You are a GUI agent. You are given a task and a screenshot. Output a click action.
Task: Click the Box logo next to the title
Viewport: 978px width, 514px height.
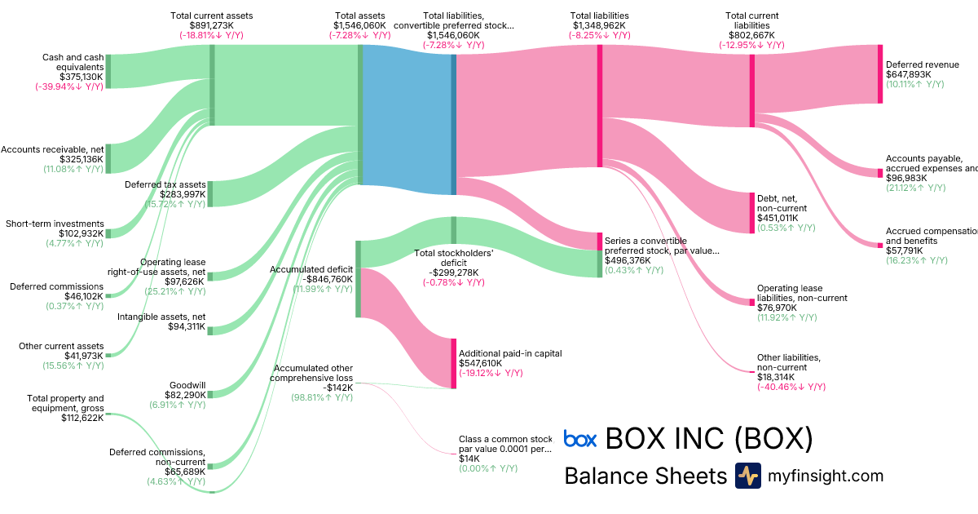(580, 440)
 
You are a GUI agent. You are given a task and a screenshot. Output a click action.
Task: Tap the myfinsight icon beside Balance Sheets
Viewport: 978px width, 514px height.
(747, 476)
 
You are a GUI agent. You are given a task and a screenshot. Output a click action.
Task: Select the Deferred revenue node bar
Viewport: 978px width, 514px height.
(879, 74)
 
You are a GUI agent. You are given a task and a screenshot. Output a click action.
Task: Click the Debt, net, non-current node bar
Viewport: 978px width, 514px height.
(751, 213)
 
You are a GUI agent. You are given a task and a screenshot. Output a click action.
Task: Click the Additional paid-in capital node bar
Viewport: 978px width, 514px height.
(454, 363)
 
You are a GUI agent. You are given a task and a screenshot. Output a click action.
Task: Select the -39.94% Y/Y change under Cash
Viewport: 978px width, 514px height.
(69, 86)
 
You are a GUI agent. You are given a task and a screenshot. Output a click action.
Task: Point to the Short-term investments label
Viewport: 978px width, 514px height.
(55, 224)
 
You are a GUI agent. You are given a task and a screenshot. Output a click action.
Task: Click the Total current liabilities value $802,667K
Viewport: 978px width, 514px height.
(751, 36)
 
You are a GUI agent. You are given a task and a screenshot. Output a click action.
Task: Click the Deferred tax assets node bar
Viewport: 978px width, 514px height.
(210, 193)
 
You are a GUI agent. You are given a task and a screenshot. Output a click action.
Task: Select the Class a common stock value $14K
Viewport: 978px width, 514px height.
(463, 459)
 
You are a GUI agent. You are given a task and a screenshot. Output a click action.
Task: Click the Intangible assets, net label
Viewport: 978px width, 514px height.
(161, 317)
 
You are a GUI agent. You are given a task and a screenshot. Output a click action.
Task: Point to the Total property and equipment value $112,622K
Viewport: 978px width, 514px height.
(82, 418)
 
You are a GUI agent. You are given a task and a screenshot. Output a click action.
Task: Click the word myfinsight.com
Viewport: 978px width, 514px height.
(825, 476)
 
